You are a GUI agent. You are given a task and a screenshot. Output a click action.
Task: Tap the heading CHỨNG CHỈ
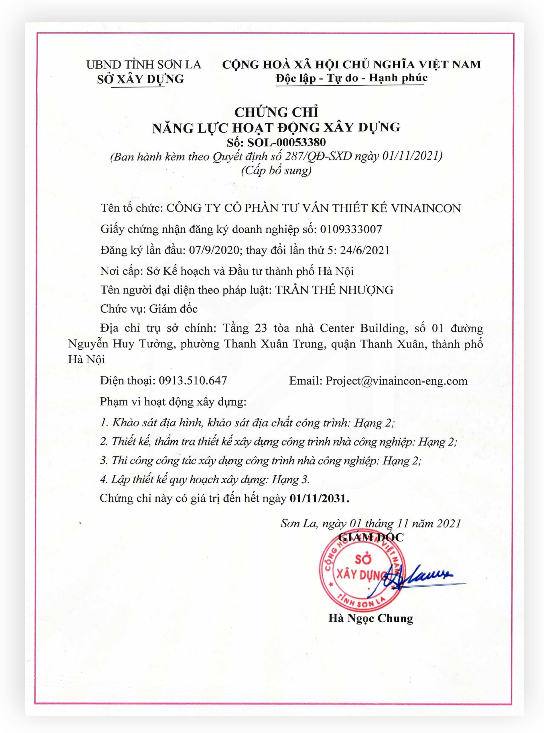tap(276, 112)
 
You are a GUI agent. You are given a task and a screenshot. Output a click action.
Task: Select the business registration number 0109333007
tap(351, 229)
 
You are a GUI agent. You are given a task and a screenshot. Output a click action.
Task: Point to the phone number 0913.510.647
tap(193, 381)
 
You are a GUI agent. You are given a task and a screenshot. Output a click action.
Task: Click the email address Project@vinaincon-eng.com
tap(397, 381)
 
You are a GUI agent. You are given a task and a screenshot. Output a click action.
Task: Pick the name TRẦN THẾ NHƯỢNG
tap(334, 290)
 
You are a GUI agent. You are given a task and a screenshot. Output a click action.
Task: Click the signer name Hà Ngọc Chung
tap(370, 618)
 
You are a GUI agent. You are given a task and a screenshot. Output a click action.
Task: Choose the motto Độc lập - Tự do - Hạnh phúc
tap(351, 78)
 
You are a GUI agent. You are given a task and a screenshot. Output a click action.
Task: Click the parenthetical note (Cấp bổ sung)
tap(276, 171)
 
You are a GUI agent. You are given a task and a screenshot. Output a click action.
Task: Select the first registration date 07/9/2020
tap(214, 250)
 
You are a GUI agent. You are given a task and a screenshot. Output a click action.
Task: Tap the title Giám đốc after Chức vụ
tap(173, 309)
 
